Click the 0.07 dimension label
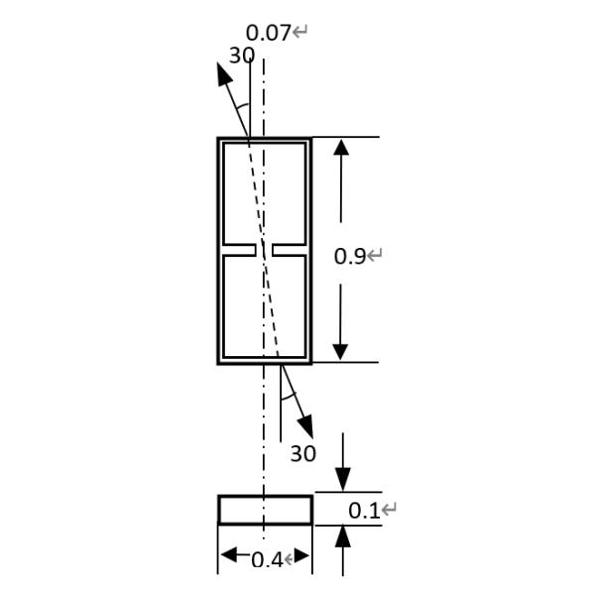[268, 33]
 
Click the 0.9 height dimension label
[350, 256]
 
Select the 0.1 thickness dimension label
[364, 511]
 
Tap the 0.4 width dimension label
[266, 560]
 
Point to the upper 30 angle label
[241, 57]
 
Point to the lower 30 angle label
[302, 454]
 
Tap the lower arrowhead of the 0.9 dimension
[341, 349]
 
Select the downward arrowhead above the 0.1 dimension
[342, 478]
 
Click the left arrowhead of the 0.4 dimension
[229, 555]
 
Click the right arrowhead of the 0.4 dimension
[301, 555]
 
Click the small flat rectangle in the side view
[265, 510]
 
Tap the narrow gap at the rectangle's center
[265, 249]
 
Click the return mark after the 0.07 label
[300, 33]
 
